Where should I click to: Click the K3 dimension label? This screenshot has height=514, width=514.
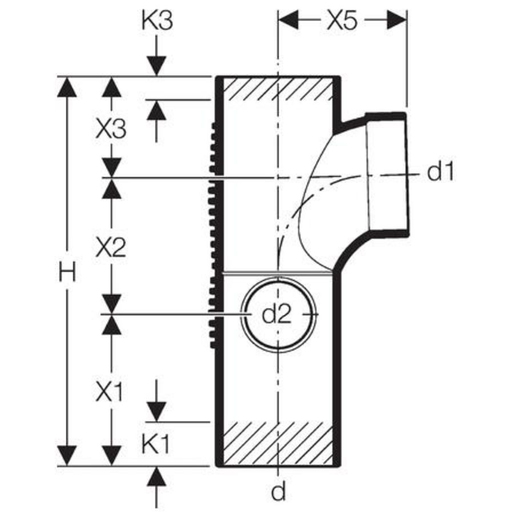(x=156, y=21)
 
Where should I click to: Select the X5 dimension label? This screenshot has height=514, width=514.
(x=342, y=21)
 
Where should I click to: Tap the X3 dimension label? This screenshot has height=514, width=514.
(x=111, y=129)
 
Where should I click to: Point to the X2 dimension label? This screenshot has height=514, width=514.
(x=111, y=247)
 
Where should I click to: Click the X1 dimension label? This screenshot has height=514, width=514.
(x=109, y=392)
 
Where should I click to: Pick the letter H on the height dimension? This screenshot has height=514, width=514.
(x=67, y=272)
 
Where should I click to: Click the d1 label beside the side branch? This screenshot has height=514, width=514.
(x=441, y=171)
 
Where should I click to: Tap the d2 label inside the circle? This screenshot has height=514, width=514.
(x=276, y=314)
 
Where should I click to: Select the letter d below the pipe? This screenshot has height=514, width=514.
(x=278, y=491)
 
